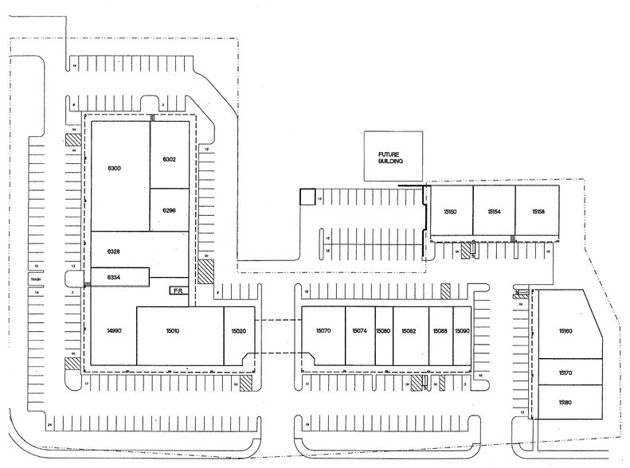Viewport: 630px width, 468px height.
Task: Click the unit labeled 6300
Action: click(113, 169)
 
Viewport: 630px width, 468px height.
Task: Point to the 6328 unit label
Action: click(113, 251)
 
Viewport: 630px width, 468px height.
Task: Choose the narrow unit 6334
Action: click(113, 277)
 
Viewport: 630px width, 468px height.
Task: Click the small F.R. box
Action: click(177, 292)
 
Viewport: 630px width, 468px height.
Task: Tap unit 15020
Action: click(237, 331)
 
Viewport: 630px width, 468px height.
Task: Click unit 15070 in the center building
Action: click(323, 330)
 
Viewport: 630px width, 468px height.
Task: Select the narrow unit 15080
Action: click(383, 330)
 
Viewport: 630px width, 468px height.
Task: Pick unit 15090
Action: click(462, 330)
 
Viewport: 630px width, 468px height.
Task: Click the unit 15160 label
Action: click(566, 330)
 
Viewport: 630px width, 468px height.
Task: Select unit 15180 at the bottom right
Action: click(566, 403)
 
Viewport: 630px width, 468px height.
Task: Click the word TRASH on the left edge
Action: click(35, 279)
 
